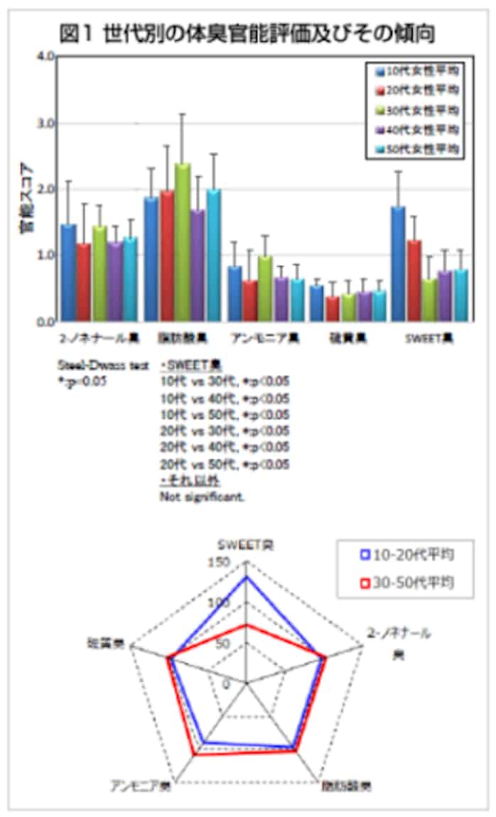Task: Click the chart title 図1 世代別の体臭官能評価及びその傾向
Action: (248, 33)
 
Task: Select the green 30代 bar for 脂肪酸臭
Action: (183, 242)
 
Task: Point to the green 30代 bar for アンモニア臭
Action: (265, 288)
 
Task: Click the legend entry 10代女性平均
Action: (416, 72)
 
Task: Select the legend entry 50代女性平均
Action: (416, 149)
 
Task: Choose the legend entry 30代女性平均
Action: (416, 111)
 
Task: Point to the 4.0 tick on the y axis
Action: (47, 57)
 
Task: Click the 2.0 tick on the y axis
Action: (47, 189)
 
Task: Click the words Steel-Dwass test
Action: (103, 365)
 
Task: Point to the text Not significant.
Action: (203, 497)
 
